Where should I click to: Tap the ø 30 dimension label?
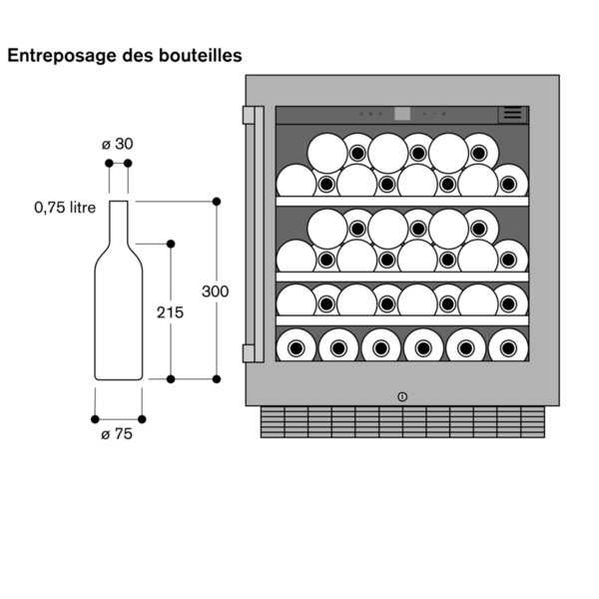tap(118, 144)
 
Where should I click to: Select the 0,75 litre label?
tap(65, 208)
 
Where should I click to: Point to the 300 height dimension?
tap(215, 292)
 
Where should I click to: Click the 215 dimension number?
tap(170, 312)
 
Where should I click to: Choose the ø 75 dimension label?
tap(117, 433)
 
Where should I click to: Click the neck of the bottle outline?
tap(118, 222)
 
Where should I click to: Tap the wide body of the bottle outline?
tap(118, 319)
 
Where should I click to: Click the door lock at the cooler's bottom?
tap(401, 395)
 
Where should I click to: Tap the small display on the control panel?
tap(403, 114)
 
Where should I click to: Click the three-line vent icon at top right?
tap(513, 114)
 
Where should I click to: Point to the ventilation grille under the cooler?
tap(401, 422)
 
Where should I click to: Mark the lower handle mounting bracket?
tap(250, 352)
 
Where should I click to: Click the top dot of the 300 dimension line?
tap(217, 202)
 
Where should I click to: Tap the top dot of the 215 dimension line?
tap(171, 244)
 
